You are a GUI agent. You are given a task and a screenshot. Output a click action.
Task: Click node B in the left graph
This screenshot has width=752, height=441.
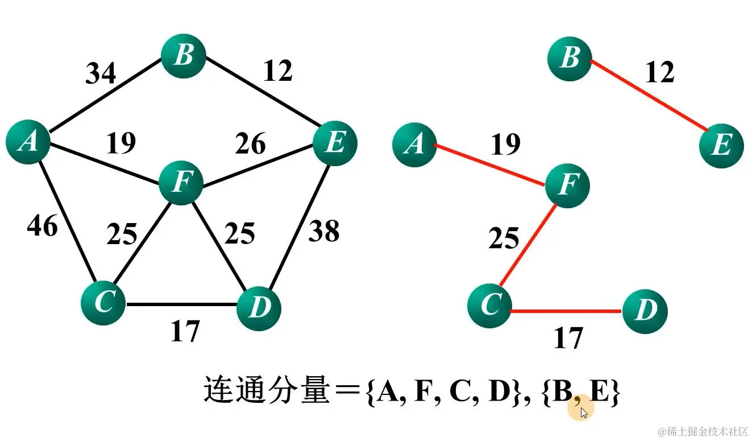tap(183, 56)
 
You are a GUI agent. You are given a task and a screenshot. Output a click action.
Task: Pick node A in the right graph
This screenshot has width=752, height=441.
tap(414, 145)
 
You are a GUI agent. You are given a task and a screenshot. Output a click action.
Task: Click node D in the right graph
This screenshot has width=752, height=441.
tap(645, 311)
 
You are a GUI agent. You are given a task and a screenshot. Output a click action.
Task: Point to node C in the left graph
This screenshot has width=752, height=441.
tap(103, 302)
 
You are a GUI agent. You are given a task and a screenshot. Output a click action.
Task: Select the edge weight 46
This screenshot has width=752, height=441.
tap(42, 226)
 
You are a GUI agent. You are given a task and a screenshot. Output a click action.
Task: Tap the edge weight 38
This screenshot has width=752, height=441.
tap(323, 231)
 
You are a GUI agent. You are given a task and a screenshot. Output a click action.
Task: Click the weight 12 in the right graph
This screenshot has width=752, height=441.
tap(659, 72)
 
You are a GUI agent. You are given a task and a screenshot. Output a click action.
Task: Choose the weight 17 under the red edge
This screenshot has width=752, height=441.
tap(568, 338)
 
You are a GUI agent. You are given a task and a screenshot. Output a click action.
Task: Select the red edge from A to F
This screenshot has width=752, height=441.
tap(490, 164)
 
